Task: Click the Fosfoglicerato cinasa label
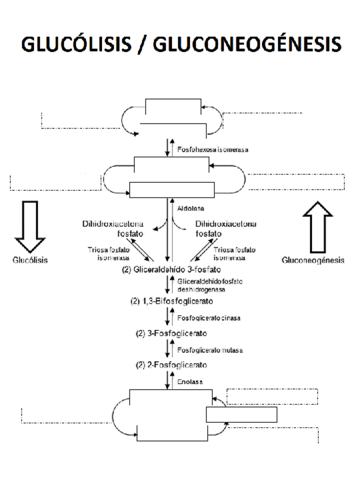(209, 318)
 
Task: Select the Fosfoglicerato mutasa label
(210, 350)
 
